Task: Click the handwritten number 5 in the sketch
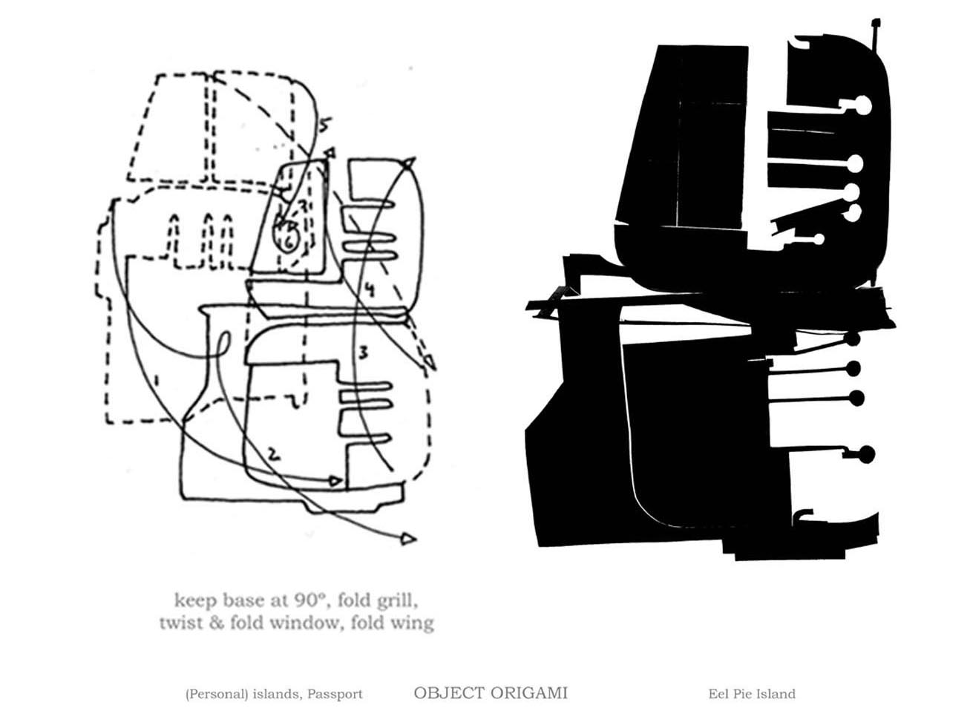(324, 125)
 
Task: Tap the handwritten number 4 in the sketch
(370, 289)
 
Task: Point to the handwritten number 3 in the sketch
(363, 352)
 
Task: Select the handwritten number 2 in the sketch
(274, 454)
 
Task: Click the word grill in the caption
(396, 602)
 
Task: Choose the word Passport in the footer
(335, 695)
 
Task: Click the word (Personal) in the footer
(217, 695)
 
